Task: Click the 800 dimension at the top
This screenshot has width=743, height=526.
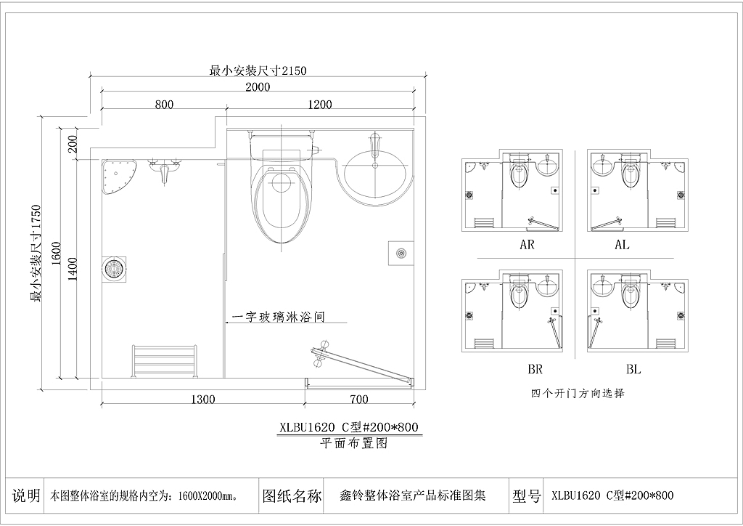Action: click(164, 104)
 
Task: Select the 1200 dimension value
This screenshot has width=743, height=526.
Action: click(320, 104)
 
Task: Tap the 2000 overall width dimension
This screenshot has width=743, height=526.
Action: click(258, 86)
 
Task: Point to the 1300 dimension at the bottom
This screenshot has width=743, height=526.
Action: click(203, 400)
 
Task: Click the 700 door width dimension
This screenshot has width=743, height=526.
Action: click(358, 400)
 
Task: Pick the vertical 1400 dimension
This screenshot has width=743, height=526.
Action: click(73, 269)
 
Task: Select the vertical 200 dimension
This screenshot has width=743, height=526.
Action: click(73, 144)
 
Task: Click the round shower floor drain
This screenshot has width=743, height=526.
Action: click(114, 269)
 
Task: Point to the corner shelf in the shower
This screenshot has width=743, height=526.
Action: click(118, 177)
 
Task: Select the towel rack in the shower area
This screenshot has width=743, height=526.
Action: click(163, 361)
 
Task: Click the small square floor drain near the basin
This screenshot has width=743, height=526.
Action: click(401, 253)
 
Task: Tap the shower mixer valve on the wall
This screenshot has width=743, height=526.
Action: click(164, 171)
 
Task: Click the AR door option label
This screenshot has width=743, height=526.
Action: click(527, 245)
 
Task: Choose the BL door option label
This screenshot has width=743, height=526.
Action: click(633, 369)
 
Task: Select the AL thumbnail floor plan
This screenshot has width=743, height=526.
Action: click(637, 190)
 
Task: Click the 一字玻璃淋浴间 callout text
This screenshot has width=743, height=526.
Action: click(279, 316)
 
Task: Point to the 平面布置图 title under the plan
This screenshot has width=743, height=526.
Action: click(354, 443)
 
